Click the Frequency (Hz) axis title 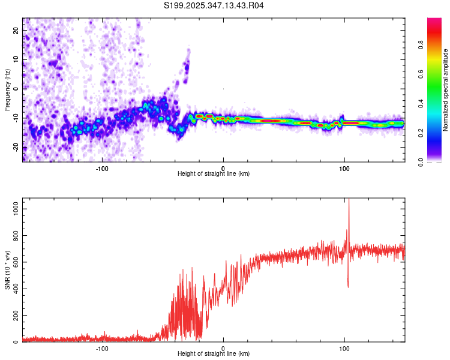pyautogui.click(x=7, y=90)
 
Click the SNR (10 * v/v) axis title pyautogui.click(x=7, y=270)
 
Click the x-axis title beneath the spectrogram pyautogui.click(x=214, y=174)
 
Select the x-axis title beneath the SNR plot pyautogui.click(x=214, y=354)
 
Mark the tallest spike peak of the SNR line pyautogui.click(x=349, y=200)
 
